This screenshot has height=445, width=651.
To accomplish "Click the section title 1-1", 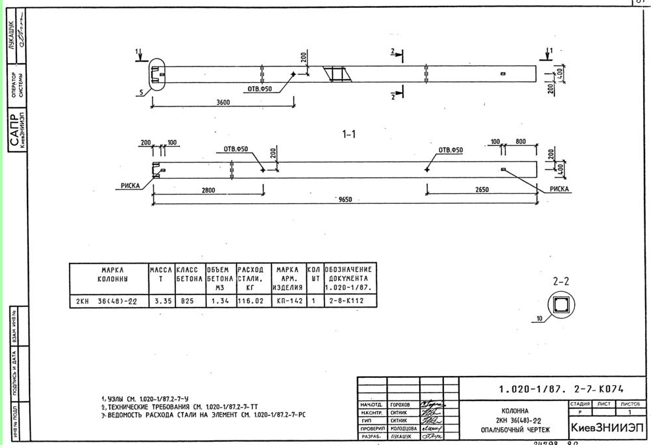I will (x=349, y=134).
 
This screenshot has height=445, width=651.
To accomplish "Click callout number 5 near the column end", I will (x=139, y=93).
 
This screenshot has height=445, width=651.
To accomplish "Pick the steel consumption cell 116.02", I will (x=250, y=301).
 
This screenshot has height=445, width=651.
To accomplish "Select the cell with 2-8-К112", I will (x=348, y=301).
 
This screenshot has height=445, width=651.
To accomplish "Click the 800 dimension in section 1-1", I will (x=520, y=141).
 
